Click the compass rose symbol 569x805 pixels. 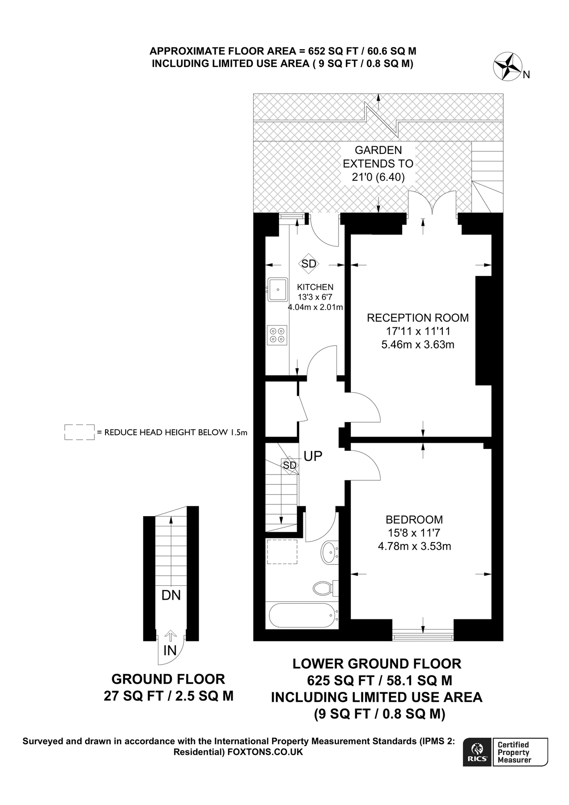click(x=508, y=67)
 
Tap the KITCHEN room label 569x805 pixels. click(x=315, y=287)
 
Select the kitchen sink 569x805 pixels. click(x=278, y=289)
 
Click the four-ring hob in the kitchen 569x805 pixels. click(x=277, y=335)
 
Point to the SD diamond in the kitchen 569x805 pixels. click(x=309, y=264)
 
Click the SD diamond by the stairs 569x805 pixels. click(x=289, y=465)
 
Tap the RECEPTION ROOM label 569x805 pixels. click(x=417, y=318)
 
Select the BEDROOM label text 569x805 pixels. click(x=414, y=520)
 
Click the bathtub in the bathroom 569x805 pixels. click(x=301, y=616)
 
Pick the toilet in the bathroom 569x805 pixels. click(x=324, y=588)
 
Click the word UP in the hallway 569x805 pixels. click(x=313, y=456)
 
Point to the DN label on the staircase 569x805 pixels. click(x=171, y=595)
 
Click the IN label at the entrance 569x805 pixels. click(x=170, y=650)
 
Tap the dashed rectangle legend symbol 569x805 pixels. click(x=79, y=432)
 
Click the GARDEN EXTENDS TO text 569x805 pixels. click(x=378, y=157)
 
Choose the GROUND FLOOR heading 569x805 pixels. click(x=168, y=679)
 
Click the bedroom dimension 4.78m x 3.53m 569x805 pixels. click(x=414, y=546)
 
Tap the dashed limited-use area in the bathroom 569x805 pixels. click(x=282, y=552)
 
